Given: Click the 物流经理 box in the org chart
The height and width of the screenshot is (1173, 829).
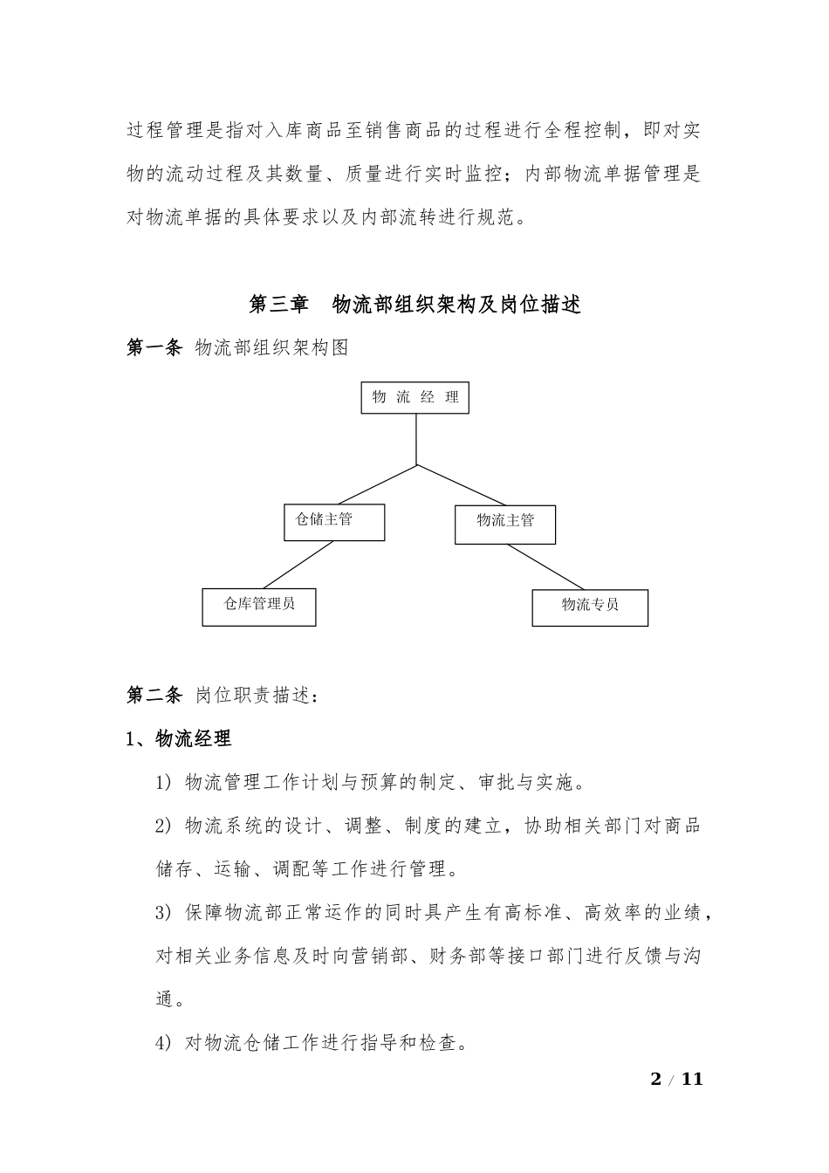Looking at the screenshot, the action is click(414, 398).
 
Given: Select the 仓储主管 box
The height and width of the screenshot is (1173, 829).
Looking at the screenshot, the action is click(334, 521).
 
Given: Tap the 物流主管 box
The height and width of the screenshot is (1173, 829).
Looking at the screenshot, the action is click(504, 523).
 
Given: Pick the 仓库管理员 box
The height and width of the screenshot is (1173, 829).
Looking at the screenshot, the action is click(258, 607).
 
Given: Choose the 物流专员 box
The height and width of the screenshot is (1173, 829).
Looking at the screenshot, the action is click(590, 607).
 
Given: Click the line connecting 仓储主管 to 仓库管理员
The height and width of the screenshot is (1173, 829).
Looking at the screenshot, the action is click(298, 565).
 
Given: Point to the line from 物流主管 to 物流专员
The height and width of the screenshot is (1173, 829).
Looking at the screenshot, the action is click(545, 566).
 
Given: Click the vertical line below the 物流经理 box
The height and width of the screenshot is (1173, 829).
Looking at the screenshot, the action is click(416, 439).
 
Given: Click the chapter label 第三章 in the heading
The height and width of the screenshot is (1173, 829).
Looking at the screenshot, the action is click(278, 305).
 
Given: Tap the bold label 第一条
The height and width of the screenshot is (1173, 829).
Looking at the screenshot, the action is click(154, 347).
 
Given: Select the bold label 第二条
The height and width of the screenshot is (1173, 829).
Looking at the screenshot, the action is click(154, 696).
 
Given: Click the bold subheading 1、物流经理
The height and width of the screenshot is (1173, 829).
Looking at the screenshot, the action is click(179, 738).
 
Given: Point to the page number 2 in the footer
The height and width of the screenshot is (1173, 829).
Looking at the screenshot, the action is click(656, 1079).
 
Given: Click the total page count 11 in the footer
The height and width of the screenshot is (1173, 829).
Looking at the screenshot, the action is click(691, 1079).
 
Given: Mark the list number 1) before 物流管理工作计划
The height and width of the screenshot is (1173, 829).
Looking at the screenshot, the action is click(165, 782).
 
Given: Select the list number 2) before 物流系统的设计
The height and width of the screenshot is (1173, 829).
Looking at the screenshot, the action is click(165, 826).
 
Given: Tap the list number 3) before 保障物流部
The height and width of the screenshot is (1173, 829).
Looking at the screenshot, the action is click(165, 913).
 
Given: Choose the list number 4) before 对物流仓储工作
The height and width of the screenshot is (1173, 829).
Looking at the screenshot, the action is click(165, 1042).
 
